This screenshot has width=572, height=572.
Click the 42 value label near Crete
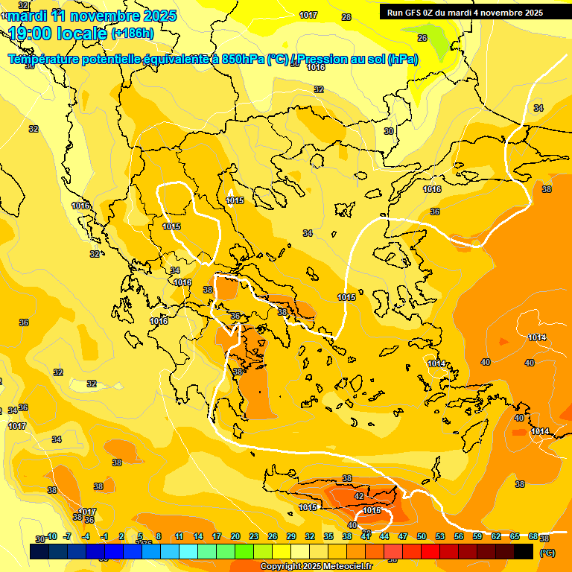pos(359,496)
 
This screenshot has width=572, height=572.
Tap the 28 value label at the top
pos(346,17)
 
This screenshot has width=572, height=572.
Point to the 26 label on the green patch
pos(422,38)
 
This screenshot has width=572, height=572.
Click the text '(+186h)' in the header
pos(133,34)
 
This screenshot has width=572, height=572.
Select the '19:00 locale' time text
pos(57,34)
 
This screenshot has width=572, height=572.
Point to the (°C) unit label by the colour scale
pos(547,553)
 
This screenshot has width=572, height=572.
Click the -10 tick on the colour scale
pos(51,536)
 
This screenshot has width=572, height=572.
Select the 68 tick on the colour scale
pos(533,536)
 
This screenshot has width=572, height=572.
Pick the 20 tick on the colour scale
pos(235,536)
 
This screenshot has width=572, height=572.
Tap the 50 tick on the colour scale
pos(422,536)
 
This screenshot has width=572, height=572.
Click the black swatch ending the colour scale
pos(524,552)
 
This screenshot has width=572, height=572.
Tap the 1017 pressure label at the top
pos(308,16)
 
